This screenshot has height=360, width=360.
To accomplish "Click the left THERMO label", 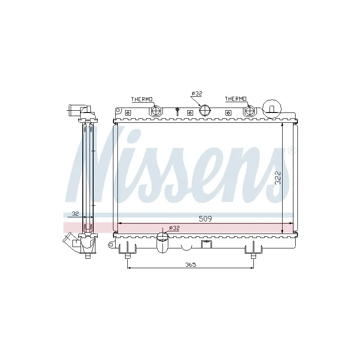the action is [x=142, y=99].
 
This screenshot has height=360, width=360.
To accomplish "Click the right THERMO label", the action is [x=235, y=99].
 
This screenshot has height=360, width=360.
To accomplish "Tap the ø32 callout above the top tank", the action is [x=197, y=94].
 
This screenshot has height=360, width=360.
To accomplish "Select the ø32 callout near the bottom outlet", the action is [x=174, y=228].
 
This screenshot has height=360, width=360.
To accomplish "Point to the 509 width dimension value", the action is [x=205, y=219].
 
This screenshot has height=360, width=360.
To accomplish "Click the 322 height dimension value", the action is [x=278, y=178].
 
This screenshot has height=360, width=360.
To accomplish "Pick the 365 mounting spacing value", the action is [x=190, y=265].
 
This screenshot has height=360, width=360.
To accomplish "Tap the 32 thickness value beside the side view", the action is [x=75, y=213].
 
